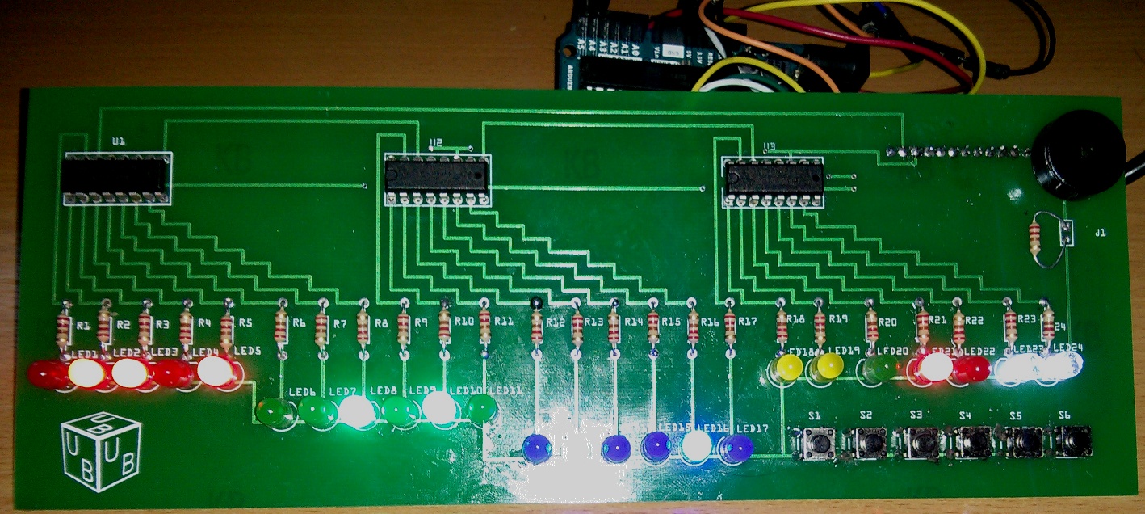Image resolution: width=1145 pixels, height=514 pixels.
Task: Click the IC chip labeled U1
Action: (116, 176)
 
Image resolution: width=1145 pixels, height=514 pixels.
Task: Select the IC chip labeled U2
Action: (437, 179)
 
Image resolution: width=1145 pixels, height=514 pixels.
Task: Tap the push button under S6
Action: (1074, 441)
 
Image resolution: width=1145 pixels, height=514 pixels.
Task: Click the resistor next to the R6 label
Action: (281, 327)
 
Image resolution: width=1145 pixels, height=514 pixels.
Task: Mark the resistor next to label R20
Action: (871, 326)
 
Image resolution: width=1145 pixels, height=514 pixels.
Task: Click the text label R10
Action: (463, 322)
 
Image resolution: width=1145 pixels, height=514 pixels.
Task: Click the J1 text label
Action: (1101, 234)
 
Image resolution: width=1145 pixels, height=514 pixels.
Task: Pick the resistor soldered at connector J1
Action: (1036, 238)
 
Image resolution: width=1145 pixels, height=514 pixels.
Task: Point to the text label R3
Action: (163, 324)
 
